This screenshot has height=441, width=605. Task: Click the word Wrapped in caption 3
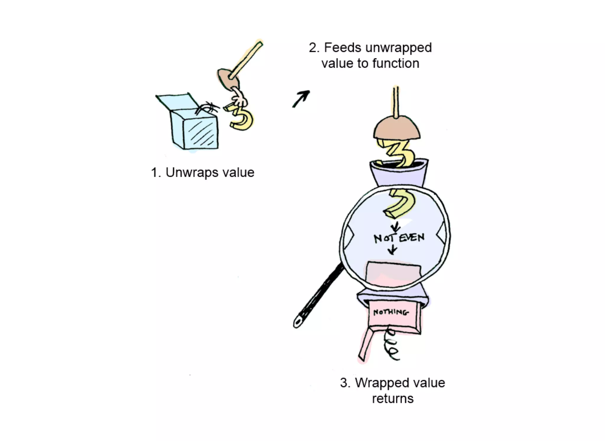pyautogui.click(x=377, y=383)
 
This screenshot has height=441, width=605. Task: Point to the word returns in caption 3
pyautogui.click(x=393, y=399)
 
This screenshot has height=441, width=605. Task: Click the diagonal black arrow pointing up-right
pyautogui.click(x=301, y=99)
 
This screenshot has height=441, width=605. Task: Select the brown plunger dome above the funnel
pyautogui.click(x=396, y=128)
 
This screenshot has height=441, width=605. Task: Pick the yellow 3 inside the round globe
pyautogui.click(x=402, y=204)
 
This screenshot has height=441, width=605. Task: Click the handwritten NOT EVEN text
pyautogui.click(x=399, y=238)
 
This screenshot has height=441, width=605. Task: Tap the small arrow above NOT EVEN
pyautogui.click(x=395, y=227)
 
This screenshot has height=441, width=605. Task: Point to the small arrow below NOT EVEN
pyautogui.click(x=392, y=250)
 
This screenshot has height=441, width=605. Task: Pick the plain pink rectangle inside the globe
pyautogui.click(x=393, y=273)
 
